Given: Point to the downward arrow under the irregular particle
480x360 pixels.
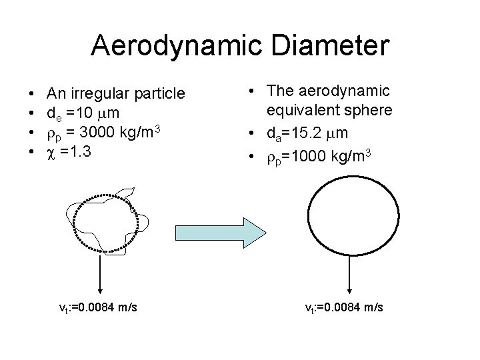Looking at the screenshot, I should [100, 273].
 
